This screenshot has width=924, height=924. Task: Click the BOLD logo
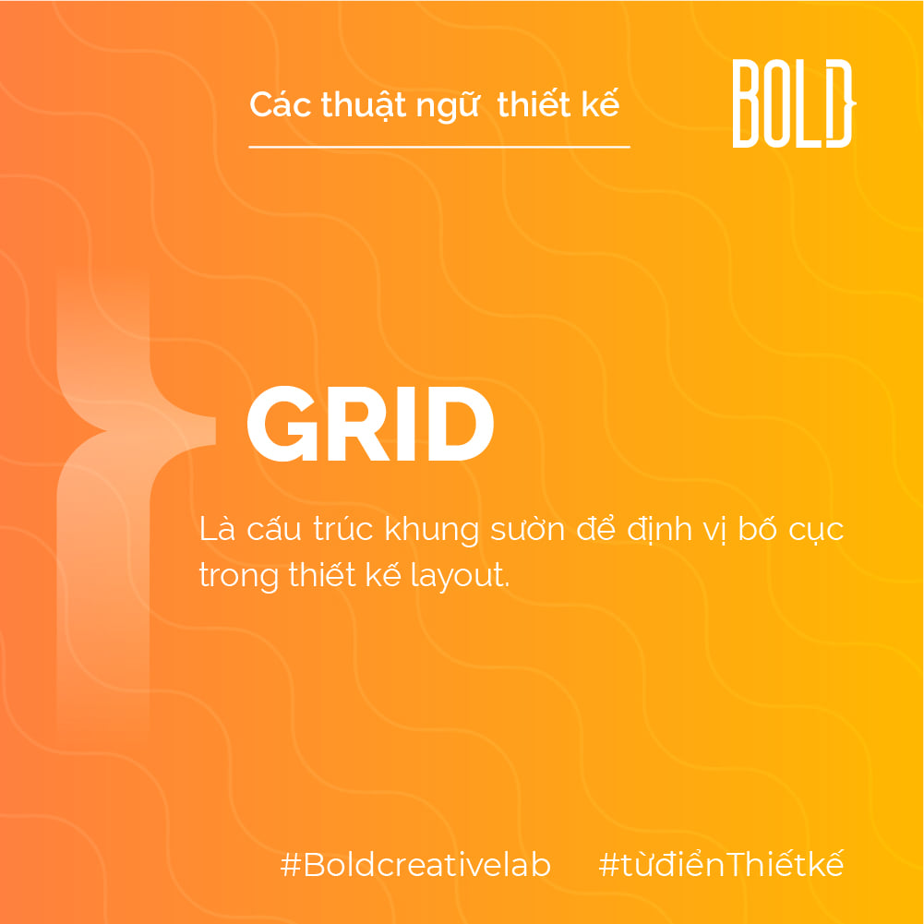pyautogui.click(x=794, y=103)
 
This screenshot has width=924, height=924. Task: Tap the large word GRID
pyautogui.click(x=370, y=424)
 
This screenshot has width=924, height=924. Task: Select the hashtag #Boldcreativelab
pyautogui.click(x=415, y=865)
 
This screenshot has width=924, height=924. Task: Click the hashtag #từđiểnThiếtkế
pyautogui.click(x=721, y=864)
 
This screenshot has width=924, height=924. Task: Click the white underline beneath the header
pyautogui.click(x=439, y=147)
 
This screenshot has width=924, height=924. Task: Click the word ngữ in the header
pyautogui.click(x=448, y=107)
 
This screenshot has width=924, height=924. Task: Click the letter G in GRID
pyautogui.click(x=284, y=424)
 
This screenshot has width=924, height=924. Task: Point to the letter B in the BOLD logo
pyautogui.click(x=745, y=103)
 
